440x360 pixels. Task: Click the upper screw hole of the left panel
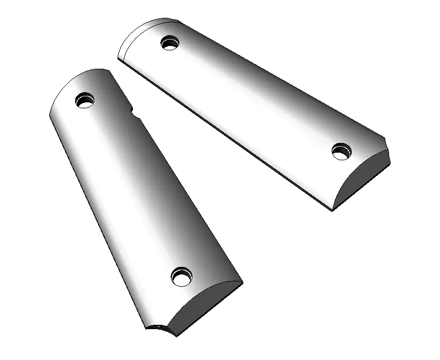[85, 101]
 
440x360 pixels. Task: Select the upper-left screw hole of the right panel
[170, 42]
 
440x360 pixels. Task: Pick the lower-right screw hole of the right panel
[341, 152]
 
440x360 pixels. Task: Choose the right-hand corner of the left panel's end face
[242, 282]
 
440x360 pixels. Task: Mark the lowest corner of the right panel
[332, 210]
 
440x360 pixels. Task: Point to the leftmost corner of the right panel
[118, 56]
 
